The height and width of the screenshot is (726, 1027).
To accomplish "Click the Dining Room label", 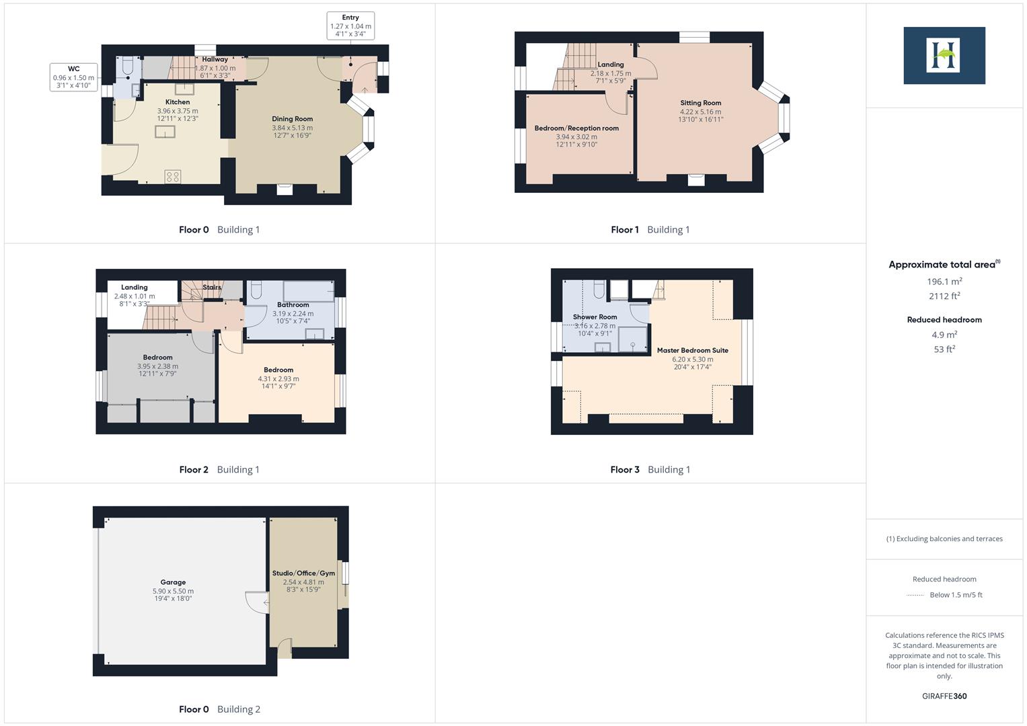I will click(292, 119).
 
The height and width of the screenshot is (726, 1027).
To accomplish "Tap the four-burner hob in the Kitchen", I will click(173, 177).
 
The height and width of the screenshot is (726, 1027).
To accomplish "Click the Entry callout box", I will click(350, 26).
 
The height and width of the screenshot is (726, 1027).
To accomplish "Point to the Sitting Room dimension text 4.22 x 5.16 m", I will click(700, 112).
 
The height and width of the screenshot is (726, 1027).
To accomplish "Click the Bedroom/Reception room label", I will click(576, 128).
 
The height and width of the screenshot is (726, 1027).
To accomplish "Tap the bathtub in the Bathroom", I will click(308, 291).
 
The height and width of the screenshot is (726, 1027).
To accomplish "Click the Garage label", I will click(173, 582).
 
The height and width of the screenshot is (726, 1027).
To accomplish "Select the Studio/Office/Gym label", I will click(303, 573).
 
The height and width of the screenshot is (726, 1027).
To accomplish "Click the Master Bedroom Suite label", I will click(692, 350).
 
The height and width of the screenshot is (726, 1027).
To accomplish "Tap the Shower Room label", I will click(595, 317).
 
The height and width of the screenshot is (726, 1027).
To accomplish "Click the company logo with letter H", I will click(944, 56).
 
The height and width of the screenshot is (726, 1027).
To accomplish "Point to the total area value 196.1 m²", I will click(944, 282).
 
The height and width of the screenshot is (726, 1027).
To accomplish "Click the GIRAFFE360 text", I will click(944, 696).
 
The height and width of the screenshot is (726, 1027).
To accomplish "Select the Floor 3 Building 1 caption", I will click(650, 469).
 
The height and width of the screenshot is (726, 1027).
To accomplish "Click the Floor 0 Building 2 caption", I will click(219, 709).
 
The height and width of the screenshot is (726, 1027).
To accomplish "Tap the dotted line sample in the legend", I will click(915, 595).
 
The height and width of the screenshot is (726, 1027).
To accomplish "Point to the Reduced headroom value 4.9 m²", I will click(944, 335).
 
